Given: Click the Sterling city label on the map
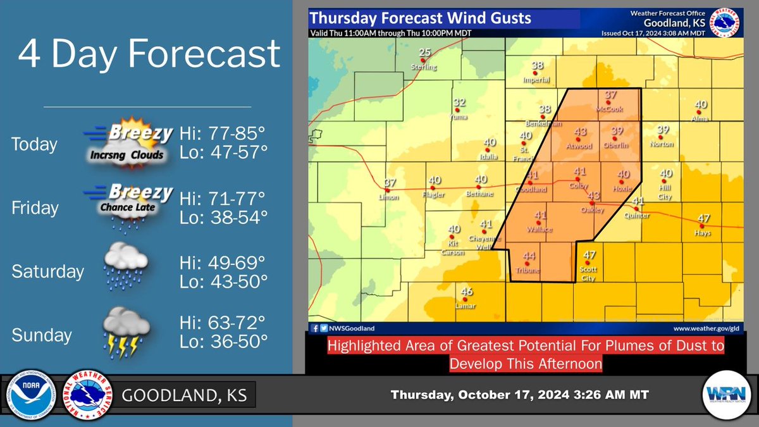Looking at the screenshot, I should click(x=424, y=66).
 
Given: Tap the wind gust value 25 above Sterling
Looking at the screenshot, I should click(x=425, y=53).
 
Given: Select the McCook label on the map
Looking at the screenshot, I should click(x=610, y=109).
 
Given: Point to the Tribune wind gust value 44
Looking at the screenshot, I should click(x=529, y=256).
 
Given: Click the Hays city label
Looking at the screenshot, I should click(x=702, y=233).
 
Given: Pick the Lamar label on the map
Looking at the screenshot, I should click(x=466, y=306).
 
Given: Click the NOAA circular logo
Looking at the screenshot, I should click(x=30, y=395).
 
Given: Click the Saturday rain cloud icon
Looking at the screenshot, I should click(x=126, y=268).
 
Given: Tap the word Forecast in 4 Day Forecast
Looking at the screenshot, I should click(x=208, y=55).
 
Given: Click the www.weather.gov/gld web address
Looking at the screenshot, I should click(x=706, y=328).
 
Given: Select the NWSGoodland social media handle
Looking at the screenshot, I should click(x=352, y=328).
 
